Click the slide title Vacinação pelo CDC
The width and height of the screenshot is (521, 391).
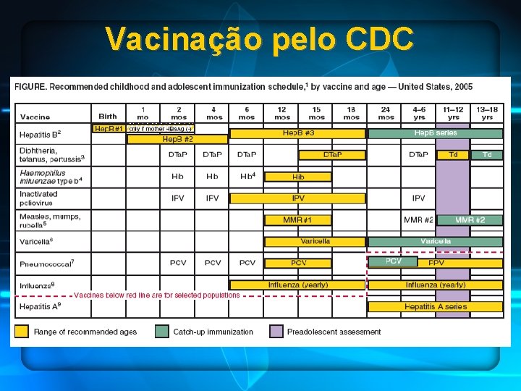point(260,38)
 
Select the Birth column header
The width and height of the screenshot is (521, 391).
point(108,116)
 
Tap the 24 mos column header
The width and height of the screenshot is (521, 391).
point(386,113)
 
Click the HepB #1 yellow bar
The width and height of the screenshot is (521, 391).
point(109,129)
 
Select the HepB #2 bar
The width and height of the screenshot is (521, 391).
point(177,139)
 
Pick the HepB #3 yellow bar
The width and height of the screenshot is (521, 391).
point(298,133)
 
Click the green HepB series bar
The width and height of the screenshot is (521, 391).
point(435,133)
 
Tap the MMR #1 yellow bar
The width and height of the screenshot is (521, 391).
point(298,219)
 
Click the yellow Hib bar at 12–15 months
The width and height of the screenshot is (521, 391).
point(298,176)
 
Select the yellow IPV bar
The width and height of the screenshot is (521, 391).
point(298,198)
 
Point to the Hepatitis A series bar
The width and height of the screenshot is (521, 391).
point(435,306)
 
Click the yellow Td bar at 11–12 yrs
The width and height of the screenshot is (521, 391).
point(453,154)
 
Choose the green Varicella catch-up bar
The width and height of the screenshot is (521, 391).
point(435,241)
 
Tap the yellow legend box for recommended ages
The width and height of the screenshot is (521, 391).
point(22,332)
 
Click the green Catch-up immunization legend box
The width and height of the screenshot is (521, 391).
point(162,332)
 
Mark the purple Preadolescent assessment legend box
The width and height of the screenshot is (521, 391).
point(276,332)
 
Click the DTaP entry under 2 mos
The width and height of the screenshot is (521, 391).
point(178,155)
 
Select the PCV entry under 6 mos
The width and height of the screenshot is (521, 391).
point(247,263)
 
